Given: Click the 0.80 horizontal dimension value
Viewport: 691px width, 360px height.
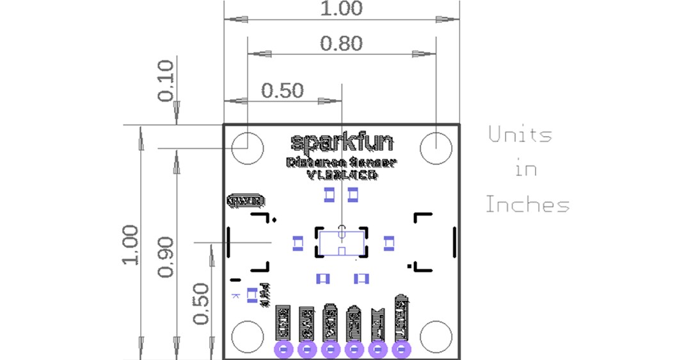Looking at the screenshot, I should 342,43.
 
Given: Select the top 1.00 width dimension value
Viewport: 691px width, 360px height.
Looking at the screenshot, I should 342,8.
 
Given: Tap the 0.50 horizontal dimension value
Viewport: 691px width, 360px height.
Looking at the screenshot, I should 282,91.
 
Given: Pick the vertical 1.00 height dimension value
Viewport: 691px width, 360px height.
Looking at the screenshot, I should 131,245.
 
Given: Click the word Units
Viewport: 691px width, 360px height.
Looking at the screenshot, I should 520,135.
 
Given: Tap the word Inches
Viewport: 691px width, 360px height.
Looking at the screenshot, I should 527,205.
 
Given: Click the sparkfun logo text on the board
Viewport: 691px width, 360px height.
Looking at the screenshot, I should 342,141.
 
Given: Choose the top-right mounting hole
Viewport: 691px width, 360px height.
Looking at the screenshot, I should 436,148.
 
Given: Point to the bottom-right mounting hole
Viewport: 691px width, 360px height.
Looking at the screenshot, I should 436,336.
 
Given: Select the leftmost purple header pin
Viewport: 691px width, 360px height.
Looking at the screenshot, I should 283,349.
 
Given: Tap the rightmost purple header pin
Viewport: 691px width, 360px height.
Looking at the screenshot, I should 401,349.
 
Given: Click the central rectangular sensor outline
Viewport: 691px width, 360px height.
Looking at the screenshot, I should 342,242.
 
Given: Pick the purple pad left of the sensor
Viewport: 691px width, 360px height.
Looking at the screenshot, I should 298,242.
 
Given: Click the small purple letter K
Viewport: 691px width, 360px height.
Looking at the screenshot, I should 235,295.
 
